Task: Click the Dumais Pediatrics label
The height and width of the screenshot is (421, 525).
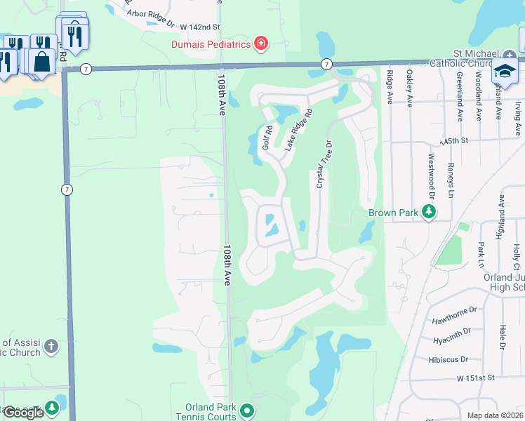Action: tap(211, 44)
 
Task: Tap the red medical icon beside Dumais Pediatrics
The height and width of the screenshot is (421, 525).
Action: tap(261, 44)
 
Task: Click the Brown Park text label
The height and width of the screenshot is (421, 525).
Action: tap(394, 212)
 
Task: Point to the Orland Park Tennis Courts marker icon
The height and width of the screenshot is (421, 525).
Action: tap(246, 410)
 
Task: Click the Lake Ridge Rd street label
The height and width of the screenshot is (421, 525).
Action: tap(298, 128)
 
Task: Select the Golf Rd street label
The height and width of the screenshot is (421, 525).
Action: tap(267, 138)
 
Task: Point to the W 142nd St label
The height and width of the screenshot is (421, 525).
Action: tap(200, 27)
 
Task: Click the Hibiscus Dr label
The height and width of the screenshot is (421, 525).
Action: tap(448, 359)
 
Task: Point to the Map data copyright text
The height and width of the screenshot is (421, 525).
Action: tap(496, 415)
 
